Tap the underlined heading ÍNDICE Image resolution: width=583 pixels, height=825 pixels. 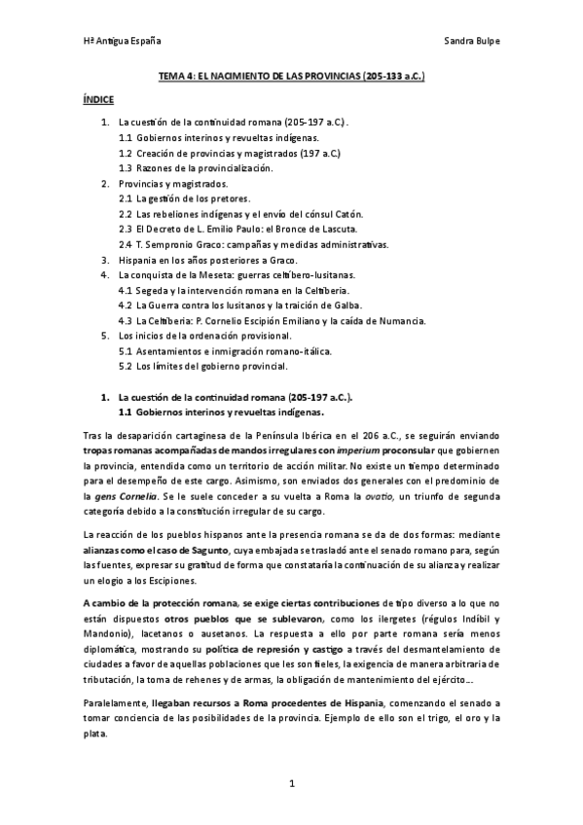pyautogui.click(x=98, y=99)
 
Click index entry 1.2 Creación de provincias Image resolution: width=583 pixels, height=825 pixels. pyautogui.click(x=229, y=154)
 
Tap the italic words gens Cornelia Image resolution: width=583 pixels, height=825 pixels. pyautogui.click(x=128, y=496)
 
